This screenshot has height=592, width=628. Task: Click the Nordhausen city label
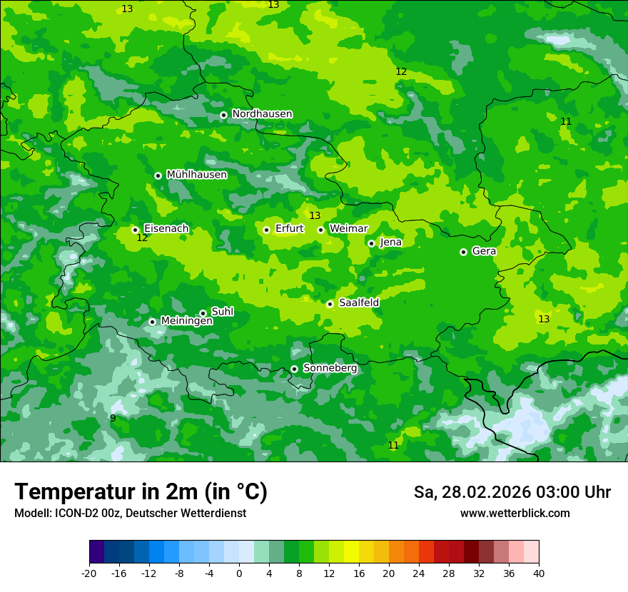(262, 114)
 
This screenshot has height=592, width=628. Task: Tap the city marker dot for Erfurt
(266, 230)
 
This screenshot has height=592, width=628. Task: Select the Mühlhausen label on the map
(196, 175)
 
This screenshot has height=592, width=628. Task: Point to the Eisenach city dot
(135, 230)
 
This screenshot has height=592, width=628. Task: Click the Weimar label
(348, 229)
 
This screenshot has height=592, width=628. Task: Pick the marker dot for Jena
(371, 243)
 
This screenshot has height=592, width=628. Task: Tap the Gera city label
(484, 251)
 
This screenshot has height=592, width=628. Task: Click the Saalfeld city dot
(330, 304)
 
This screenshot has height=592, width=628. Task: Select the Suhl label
(222, 312)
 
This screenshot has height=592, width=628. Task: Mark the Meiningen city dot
(152, 322)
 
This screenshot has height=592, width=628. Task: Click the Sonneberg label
(330, 368)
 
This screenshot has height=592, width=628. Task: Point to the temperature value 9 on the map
(113, 418)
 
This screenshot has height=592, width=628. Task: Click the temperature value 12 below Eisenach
(142, 238)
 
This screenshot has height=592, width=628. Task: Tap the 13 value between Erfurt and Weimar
(315, 216)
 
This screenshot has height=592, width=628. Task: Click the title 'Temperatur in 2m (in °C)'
(141, 492)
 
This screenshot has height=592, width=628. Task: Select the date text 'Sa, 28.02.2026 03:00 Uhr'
(512, 492)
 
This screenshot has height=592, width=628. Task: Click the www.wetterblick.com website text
(515, 514)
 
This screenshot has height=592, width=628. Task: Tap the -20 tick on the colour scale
(89, 573)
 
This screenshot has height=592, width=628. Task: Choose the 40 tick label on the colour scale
(539, 573)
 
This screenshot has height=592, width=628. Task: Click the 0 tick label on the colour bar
(239, 573)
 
